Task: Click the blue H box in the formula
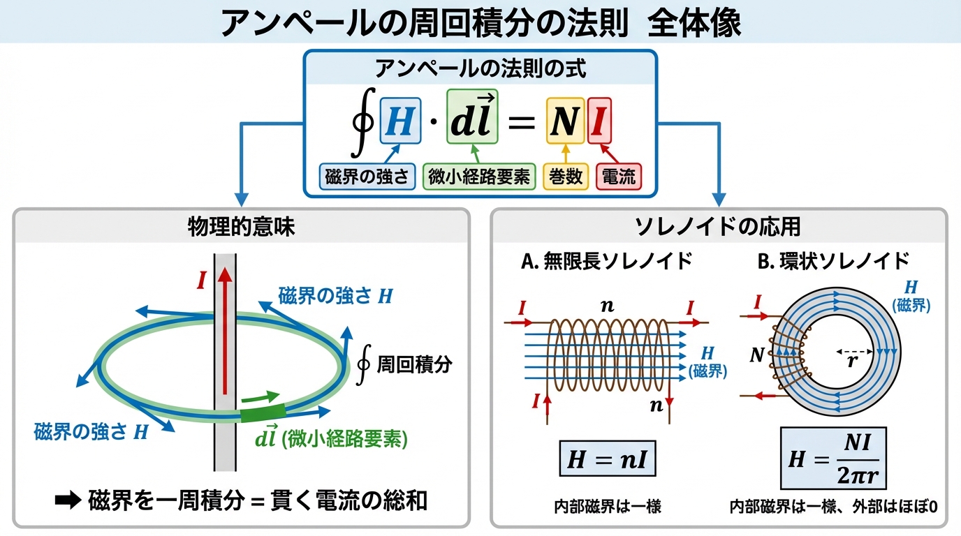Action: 400,122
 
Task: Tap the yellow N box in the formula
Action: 564,122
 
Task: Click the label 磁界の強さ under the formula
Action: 368,177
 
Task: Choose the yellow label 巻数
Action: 565,177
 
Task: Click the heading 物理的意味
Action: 241,227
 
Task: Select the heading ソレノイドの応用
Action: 719,227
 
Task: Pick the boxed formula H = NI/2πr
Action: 833,459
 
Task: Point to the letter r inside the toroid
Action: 851,362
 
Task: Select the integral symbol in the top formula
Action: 363,122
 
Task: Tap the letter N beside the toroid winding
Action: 756,355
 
